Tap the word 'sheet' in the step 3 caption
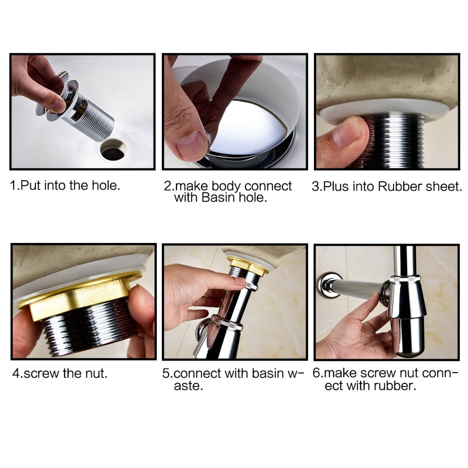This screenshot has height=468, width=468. pos(441,186)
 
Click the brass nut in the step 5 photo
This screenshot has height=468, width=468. pos(248,264)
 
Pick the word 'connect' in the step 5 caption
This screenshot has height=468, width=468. pos(195,374)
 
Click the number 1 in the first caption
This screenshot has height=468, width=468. pos(13,185)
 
